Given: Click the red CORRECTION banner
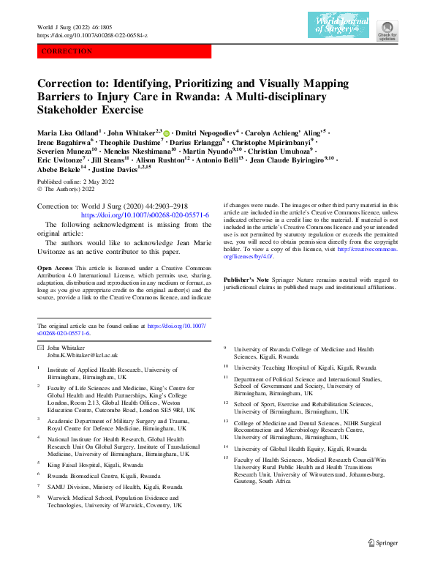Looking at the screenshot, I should pos(124,51).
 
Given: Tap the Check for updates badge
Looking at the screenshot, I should pos(387,30).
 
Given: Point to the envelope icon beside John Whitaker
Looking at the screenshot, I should pos(40,348).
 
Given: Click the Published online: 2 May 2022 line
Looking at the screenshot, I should pos(72,180).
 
